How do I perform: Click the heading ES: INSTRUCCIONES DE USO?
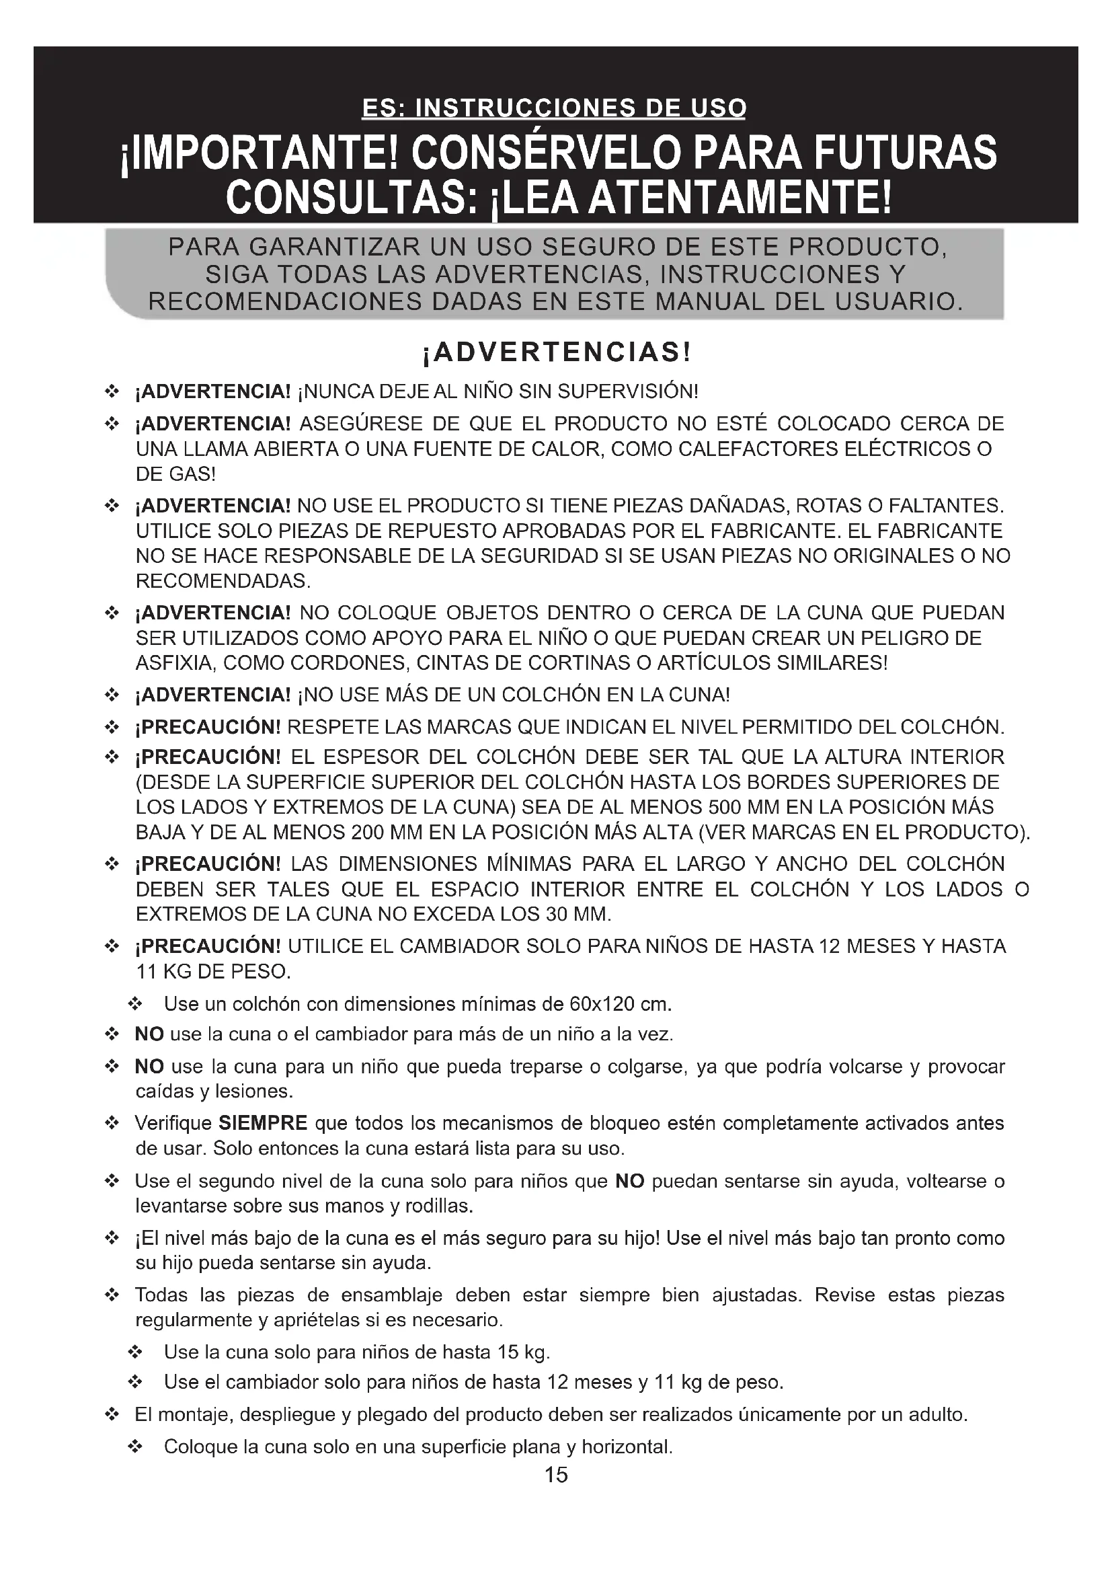click(x=554, y=108)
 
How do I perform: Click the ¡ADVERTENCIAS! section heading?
click(x=556, y=353)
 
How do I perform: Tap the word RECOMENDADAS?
click(x=223, y=582)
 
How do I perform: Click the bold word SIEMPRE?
click(x=263, y=1124)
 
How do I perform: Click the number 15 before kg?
click(x=508, y=1352)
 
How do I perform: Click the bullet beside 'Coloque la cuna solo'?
click(x=135, y=1447)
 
